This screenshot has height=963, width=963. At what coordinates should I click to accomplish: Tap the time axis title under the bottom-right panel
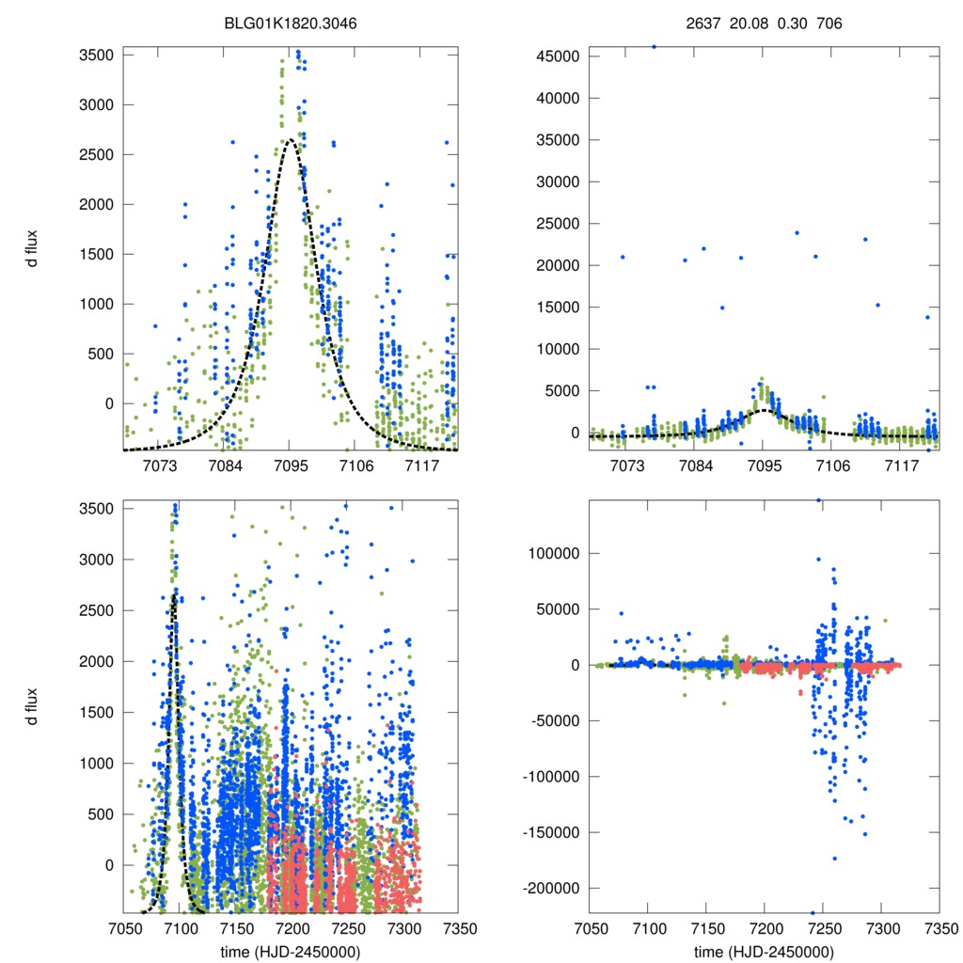click(x=764, y=951)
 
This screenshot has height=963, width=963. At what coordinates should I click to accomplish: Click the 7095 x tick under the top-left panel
click(x=291, y=467)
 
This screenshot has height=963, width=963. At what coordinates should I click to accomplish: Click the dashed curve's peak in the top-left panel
click(x=290, y=139)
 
